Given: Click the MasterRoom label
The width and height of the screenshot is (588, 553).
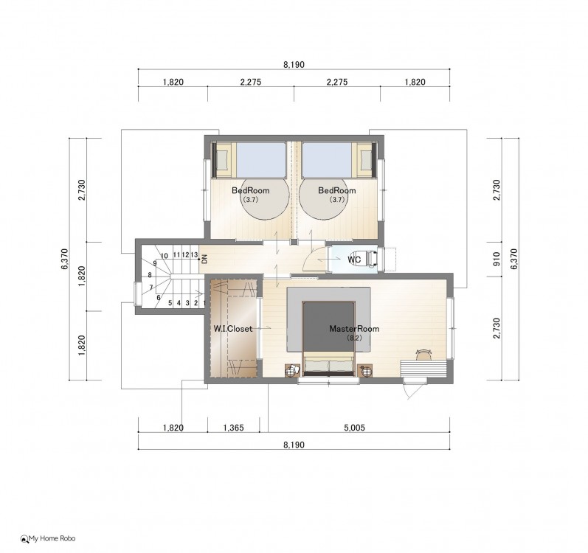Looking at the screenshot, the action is click(354, 329).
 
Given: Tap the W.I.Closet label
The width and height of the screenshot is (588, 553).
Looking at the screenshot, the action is click(233, 329).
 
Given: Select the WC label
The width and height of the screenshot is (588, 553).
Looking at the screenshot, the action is click(354, 260).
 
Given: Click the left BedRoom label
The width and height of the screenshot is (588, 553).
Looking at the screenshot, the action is click(251, 190).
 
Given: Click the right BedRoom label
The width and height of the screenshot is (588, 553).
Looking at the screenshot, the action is click(336, 190).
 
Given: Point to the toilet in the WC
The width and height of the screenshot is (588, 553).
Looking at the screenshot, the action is click(370, 259).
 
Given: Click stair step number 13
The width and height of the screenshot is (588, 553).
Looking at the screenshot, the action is click(194, 255).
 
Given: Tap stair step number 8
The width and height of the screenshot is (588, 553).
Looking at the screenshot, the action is click(150, 275).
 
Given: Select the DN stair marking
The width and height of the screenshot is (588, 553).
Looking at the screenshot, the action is click(204, 259).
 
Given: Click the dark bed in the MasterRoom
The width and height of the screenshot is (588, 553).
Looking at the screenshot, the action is click(328, 338).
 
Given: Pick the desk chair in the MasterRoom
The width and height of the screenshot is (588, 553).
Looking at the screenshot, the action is click(423, 355).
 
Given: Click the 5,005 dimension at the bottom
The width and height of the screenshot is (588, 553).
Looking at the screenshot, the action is click(354, 428).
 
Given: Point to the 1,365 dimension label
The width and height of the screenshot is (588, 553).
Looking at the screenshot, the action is click(233, 428).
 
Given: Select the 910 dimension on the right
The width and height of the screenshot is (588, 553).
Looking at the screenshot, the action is click(497, 259).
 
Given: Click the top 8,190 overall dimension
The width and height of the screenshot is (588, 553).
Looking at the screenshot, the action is click(294, 64).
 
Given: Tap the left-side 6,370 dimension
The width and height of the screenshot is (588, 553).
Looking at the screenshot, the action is click(64, 259).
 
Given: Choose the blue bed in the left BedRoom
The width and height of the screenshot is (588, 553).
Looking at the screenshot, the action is click(261, 160).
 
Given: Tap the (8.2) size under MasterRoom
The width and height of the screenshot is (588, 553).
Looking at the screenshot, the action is click(354, 338).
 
